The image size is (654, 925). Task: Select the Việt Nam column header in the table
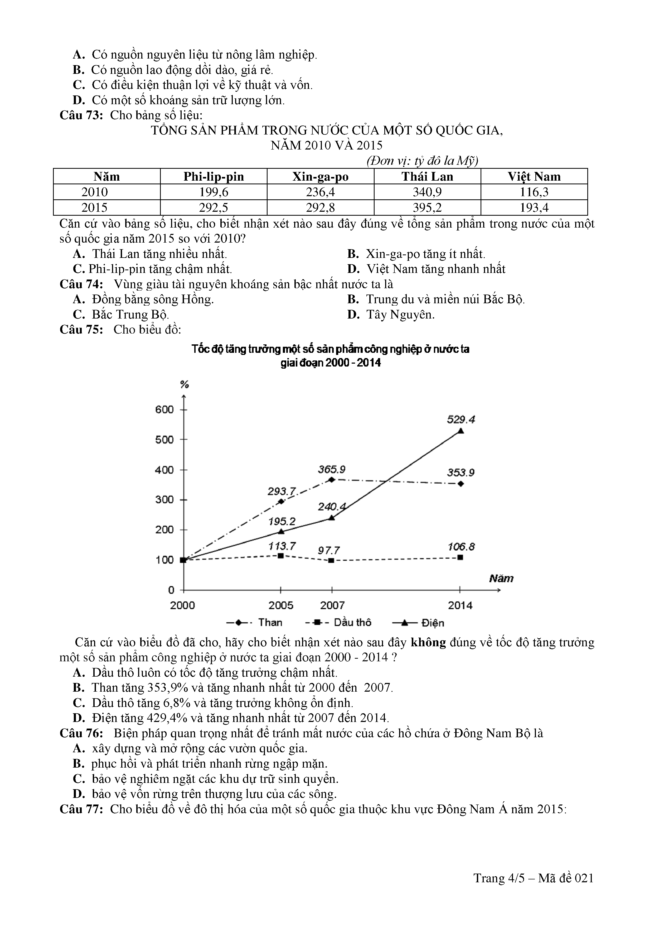tap(534, 176)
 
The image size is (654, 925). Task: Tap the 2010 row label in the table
tap(95, 192)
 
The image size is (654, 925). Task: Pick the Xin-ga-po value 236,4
tap(320, 192)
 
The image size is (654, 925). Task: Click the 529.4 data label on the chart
tap(461, 420)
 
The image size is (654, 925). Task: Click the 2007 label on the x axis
tap(332, 605)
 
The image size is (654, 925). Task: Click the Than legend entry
tap(255, 623)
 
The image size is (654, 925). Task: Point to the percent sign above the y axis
tap(185, 384)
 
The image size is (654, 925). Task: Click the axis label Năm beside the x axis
tap(501, 579)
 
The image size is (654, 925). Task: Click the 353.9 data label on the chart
tap(461, 473)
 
